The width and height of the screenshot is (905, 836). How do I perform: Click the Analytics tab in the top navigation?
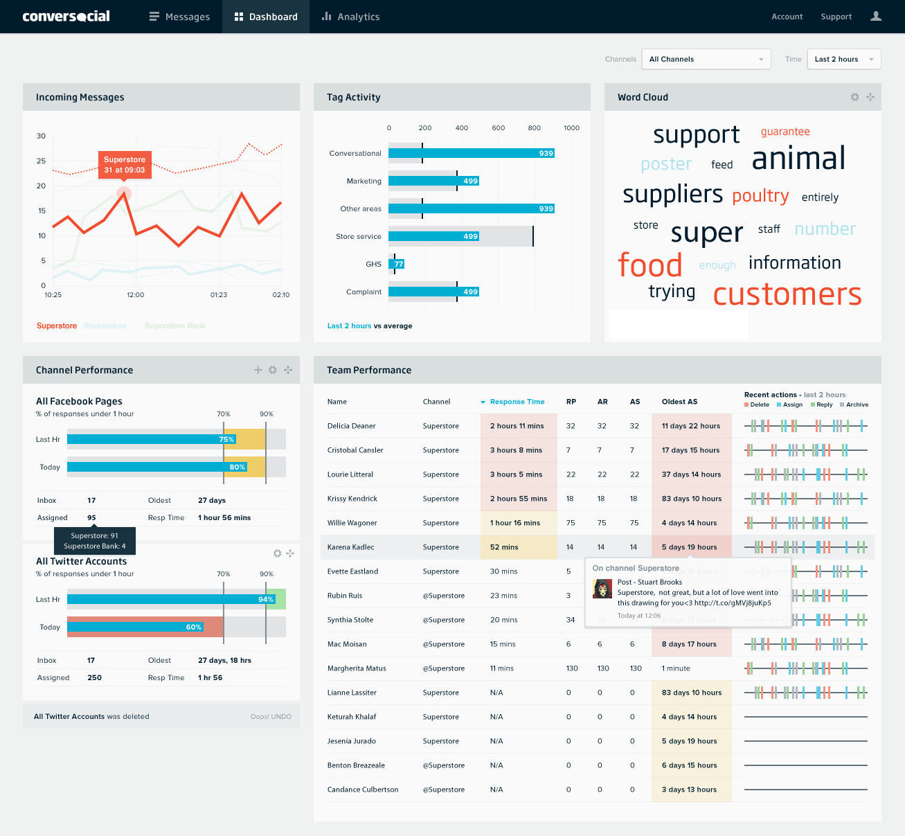pyautogui.click(x=350, y=17)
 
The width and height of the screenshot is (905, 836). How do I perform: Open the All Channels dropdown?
pyautogui.click(x=706, y=59)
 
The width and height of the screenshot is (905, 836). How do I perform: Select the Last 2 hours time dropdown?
pyautogui.click(x=843, y=59)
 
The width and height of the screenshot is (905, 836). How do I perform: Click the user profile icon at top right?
pyautogui.click(x=876, y=17)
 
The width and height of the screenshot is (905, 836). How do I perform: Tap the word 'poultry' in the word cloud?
pyautogui.click(x=760, y=196)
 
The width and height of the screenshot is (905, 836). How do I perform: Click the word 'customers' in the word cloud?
pyautogui.click(x=787, y=294)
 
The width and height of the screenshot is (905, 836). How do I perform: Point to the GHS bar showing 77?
pyautogui.click(x=397, y=264)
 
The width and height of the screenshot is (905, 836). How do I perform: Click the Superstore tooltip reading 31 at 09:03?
pyautogui.click(x=125, y=165)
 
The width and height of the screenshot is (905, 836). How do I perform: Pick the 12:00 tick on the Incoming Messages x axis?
pyautogui.click(x=136, y=295)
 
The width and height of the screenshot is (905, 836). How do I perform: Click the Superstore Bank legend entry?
pyautogui.click(x=175, y=326)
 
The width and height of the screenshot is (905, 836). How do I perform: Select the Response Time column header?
pyautogui.click(x=517, y=402)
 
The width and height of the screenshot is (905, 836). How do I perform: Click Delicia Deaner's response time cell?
pyautogui.click(x=517, y=426)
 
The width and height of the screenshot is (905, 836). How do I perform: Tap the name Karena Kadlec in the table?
pyautogui.click(x=350, y=547)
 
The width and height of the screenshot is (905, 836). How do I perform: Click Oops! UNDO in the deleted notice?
pyautogui.click(x=271, y=717)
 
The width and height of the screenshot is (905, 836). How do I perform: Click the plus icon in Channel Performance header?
pyautogui.click(x=258, y=370)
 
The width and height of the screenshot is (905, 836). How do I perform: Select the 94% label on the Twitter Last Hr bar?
pyautogui.click(x=266, y=599)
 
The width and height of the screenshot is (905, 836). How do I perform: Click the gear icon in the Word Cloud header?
pyautogui.click(x=854, y=97)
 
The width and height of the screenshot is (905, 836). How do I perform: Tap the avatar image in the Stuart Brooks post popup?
pyautogui.click(x=602, y=589)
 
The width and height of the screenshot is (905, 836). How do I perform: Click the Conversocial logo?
pyautogui.click(x=66, y=17)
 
